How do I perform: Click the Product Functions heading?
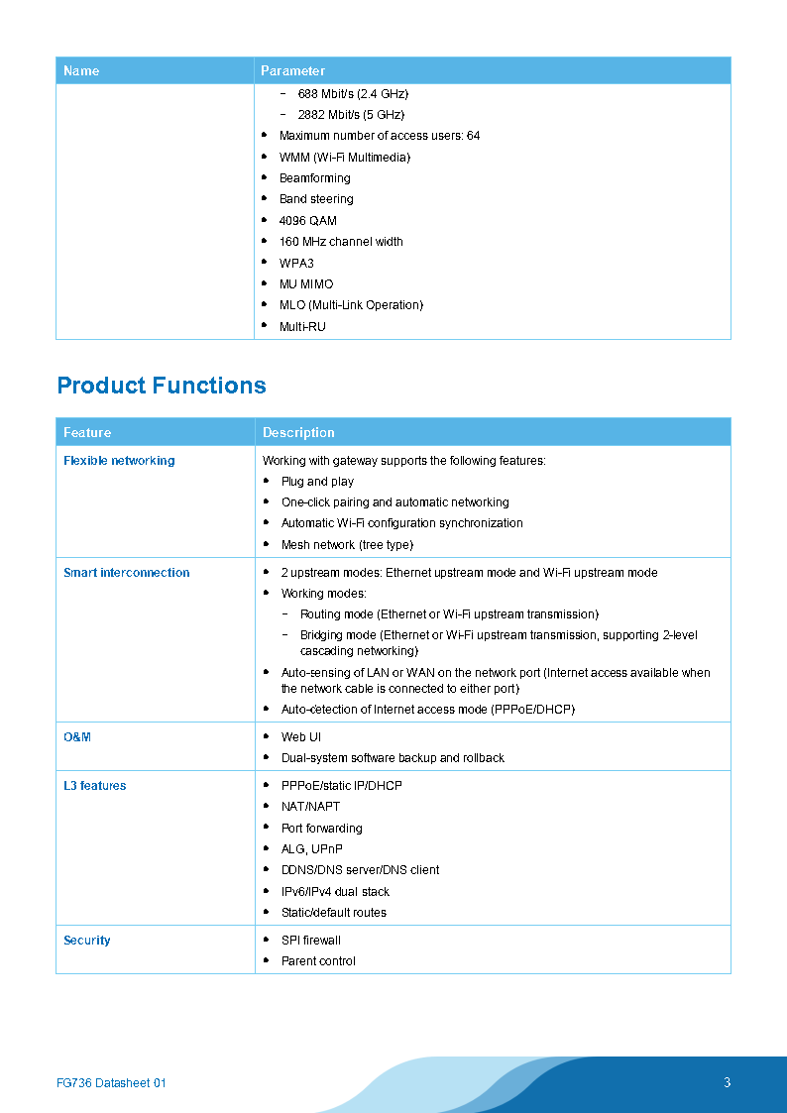coord(162,386)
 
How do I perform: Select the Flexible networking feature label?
coord(119,461)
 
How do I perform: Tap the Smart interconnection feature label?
coord(126,573)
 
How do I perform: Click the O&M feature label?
coord(77,737)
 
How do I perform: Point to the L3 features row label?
coord(94,786)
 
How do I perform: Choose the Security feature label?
coord(87,941)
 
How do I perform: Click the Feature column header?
coord(87,433)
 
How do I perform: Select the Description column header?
coord(298,433)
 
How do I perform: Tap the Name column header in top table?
coord(81,71)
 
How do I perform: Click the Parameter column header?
coord(292,71)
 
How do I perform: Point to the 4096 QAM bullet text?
coord(307,221)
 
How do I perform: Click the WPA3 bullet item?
coord(296,264)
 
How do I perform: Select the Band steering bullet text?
coord(316,199)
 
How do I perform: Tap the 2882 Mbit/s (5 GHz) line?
coord(351,115)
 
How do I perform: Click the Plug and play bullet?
coord(317,482)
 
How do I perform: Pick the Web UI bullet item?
coord(301,737)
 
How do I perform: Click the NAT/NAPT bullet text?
coord(310,807)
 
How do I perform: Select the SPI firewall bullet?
coord(310,941)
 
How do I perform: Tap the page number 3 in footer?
coord(728,1082)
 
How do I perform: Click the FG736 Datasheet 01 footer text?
coord(112,1083)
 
